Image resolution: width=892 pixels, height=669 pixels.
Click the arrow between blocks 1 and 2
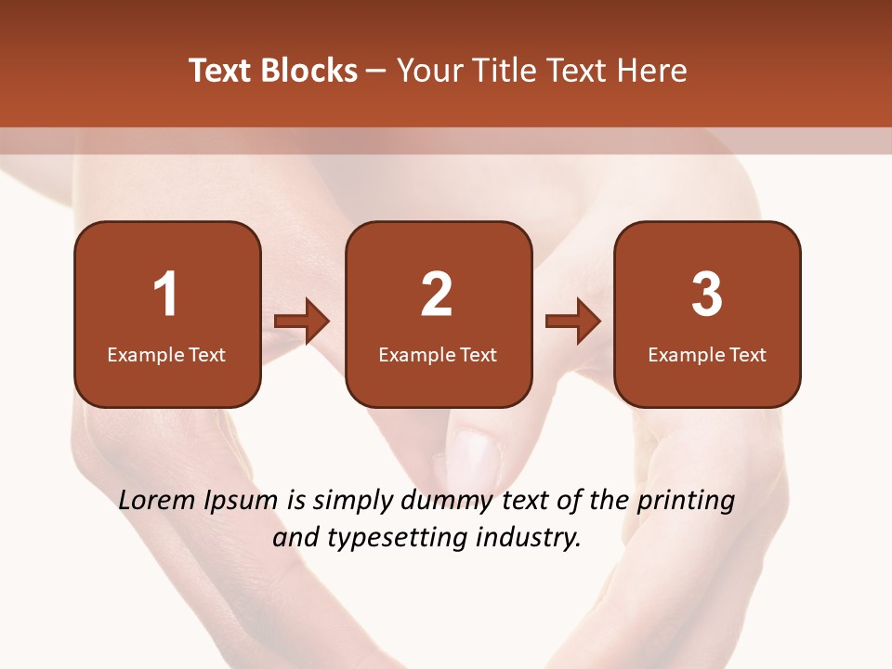302,321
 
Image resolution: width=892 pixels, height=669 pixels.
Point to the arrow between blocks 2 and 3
573,321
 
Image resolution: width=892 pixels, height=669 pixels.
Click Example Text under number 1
166,354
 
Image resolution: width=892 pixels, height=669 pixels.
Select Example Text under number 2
438,354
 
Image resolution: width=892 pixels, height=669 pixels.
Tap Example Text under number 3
707,354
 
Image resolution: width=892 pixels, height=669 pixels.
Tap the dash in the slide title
377,72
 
